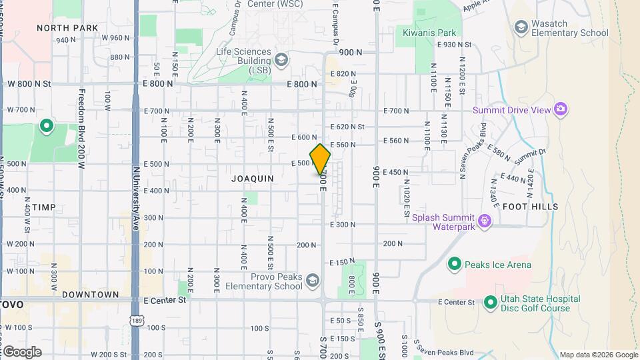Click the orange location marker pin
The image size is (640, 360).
(x=321, y=160)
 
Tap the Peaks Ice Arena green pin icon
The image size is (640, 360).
(x=455, y=265)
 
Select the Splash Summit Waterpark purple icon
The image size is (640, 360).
(x=485, y=220)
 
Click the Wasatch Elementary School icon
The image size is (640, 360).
(x=521, y=27)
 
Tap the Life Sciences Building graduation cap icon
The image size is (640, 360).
(x=281, y=60)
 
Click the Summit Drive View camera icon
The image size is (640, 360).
(x=561, y=109)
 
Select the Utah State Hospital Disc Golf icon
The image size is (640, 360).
(x=491, y=303)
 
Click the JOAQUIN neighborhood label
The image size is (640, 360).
(x=253, y=179)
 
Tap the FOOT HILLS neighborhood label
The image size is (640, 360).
(x=530, y=207)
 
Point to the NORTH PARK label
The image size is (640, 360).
(x=67, y=28)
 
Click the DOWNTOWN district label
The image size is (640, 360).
(x=90, y=294)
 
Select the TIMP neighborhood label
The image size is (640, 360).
(x=44, y=207)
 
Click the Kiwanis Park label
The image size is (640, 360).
(x=429, y=32)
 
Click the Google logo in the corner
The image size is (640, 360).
(x=21, y=351)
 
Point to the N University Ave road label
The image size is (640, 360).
(x=136, y=193)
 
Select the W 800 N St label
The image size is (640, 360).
(x=29, y=84)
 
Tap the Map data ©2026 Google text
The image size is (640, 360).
(x=598, y=355)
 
